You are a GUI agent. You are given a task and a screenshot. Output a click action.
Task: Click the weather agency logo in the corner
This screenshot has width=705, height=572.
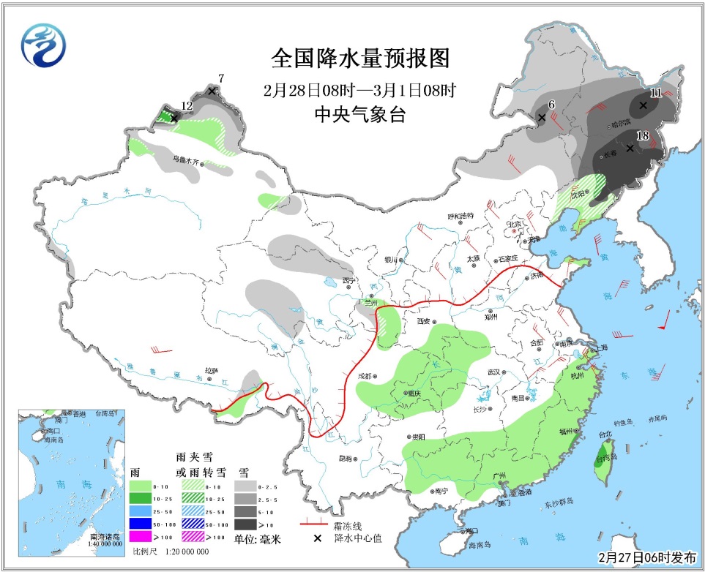tap(43, 45)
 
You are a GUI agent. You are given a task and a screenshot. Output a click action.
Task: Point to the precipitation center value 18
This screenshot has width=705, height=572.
tap(643, 135)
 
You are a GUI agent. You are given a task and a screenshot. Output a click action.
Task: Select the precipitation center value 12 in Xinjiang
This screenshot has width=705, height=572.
tap(186, 106)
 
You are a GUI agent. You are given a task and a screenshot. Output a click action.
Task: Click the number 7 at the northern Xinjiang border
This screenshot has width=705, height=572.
tap(221, 78)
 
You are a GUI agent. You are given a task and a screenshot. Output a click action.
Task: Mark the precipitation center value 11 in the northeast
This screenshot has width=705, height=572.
tap(655, 93)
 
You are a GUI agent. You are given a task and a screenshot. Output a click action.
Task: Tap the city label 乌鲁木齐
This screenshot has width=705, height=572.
tap(186, 158)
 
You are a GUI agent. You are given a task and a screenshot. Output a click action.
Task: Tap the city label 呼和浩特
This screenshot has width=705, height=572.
tap(460, 216)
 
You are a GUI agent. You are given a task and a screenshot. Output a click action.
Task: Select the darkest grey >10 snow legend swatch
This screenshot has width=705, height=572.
tap(245, 524)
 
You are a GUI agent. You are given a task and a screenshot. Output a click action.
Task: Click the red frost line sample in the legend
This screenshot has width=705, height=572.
tap(314, 524)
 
